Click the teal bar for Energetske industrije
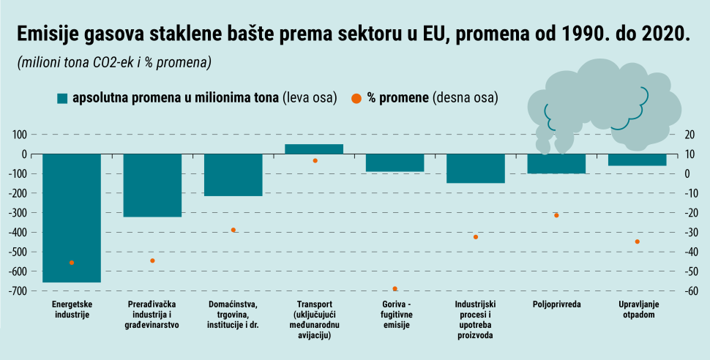click(72, 217)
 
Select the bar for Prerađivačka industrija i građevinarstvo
click(152, 185)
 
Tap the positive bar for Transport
click(314, 149)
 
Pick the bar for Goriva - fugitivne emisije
click(395, 162)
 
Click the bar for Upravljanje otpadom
click(637, 160)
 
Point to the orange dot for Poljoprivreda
click(556, 215)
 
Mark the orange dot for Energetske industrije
click(72, 262)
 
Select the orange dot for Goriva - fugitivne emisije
click(395, 289)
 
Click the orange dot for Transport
click(315, 160)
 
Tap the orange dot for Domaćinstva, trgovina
click(233, 230)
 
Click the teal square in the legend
click(62, 98)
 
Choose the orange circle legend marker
click(355, 98)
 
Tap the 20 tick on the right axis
click(688, 135)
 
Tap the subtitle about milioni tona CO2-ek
click(114, 62)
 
